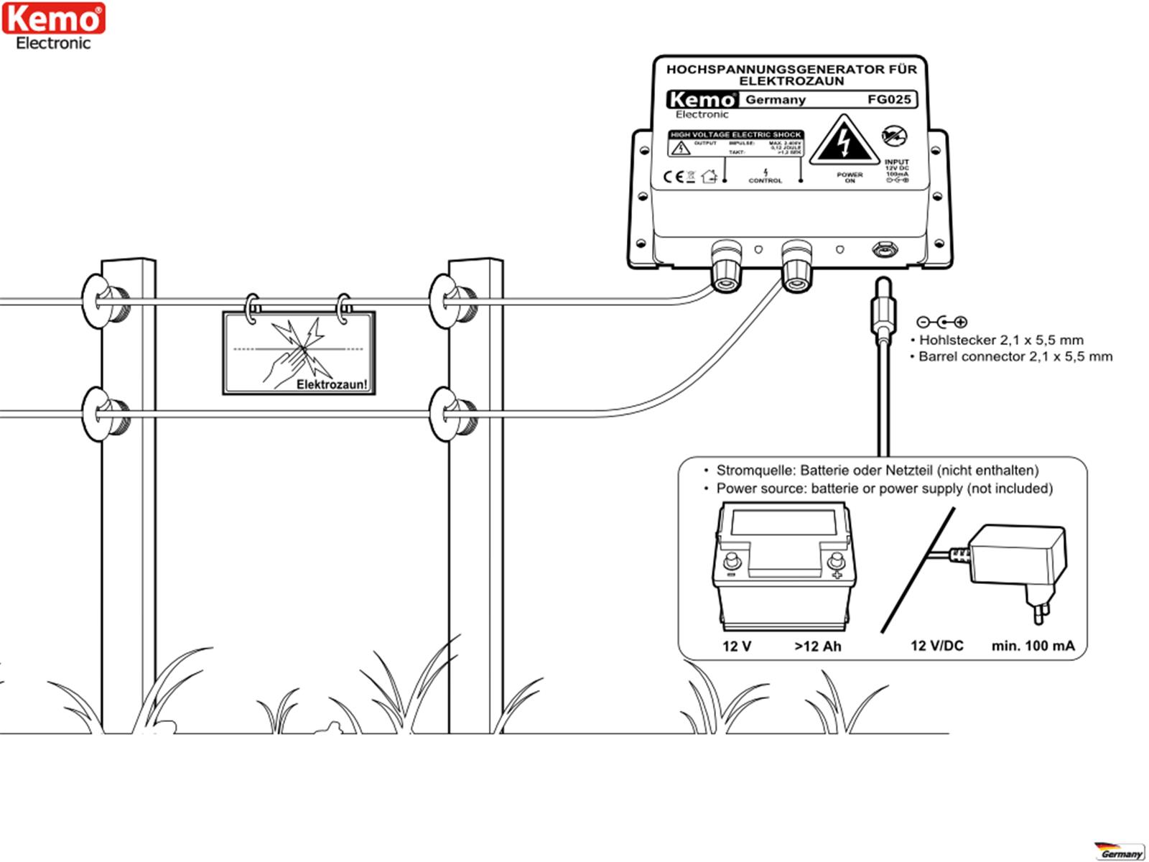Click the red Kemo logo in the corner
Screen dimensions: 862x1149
click(53, 19)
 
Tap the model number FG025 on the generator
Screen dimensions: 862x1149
click(888, 99)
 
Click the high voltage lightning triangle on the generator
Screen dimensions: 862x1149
click(844, 142)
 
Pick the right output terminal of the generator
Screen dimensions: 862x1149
click(797, 266)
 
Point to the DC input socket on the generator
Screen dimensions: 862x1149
click(882, 250)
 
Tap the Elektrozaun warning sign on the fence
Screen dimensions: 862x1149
click(299, 352)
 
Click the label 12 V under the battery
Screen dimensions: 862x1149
click(737, 646)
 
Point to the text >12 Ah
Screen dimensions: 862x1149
click(817, 646)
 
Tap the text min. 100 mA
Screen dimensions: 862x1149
click(1033, 646)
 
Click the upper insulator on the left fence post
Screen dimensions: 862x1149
click(105, 300)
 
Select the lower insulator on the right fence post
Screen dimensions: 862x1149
click(452, 414)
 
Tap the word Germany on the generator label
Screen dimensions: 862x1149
click(776, 100)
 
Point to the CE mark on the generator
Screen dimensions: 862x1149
click(673, 177)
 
